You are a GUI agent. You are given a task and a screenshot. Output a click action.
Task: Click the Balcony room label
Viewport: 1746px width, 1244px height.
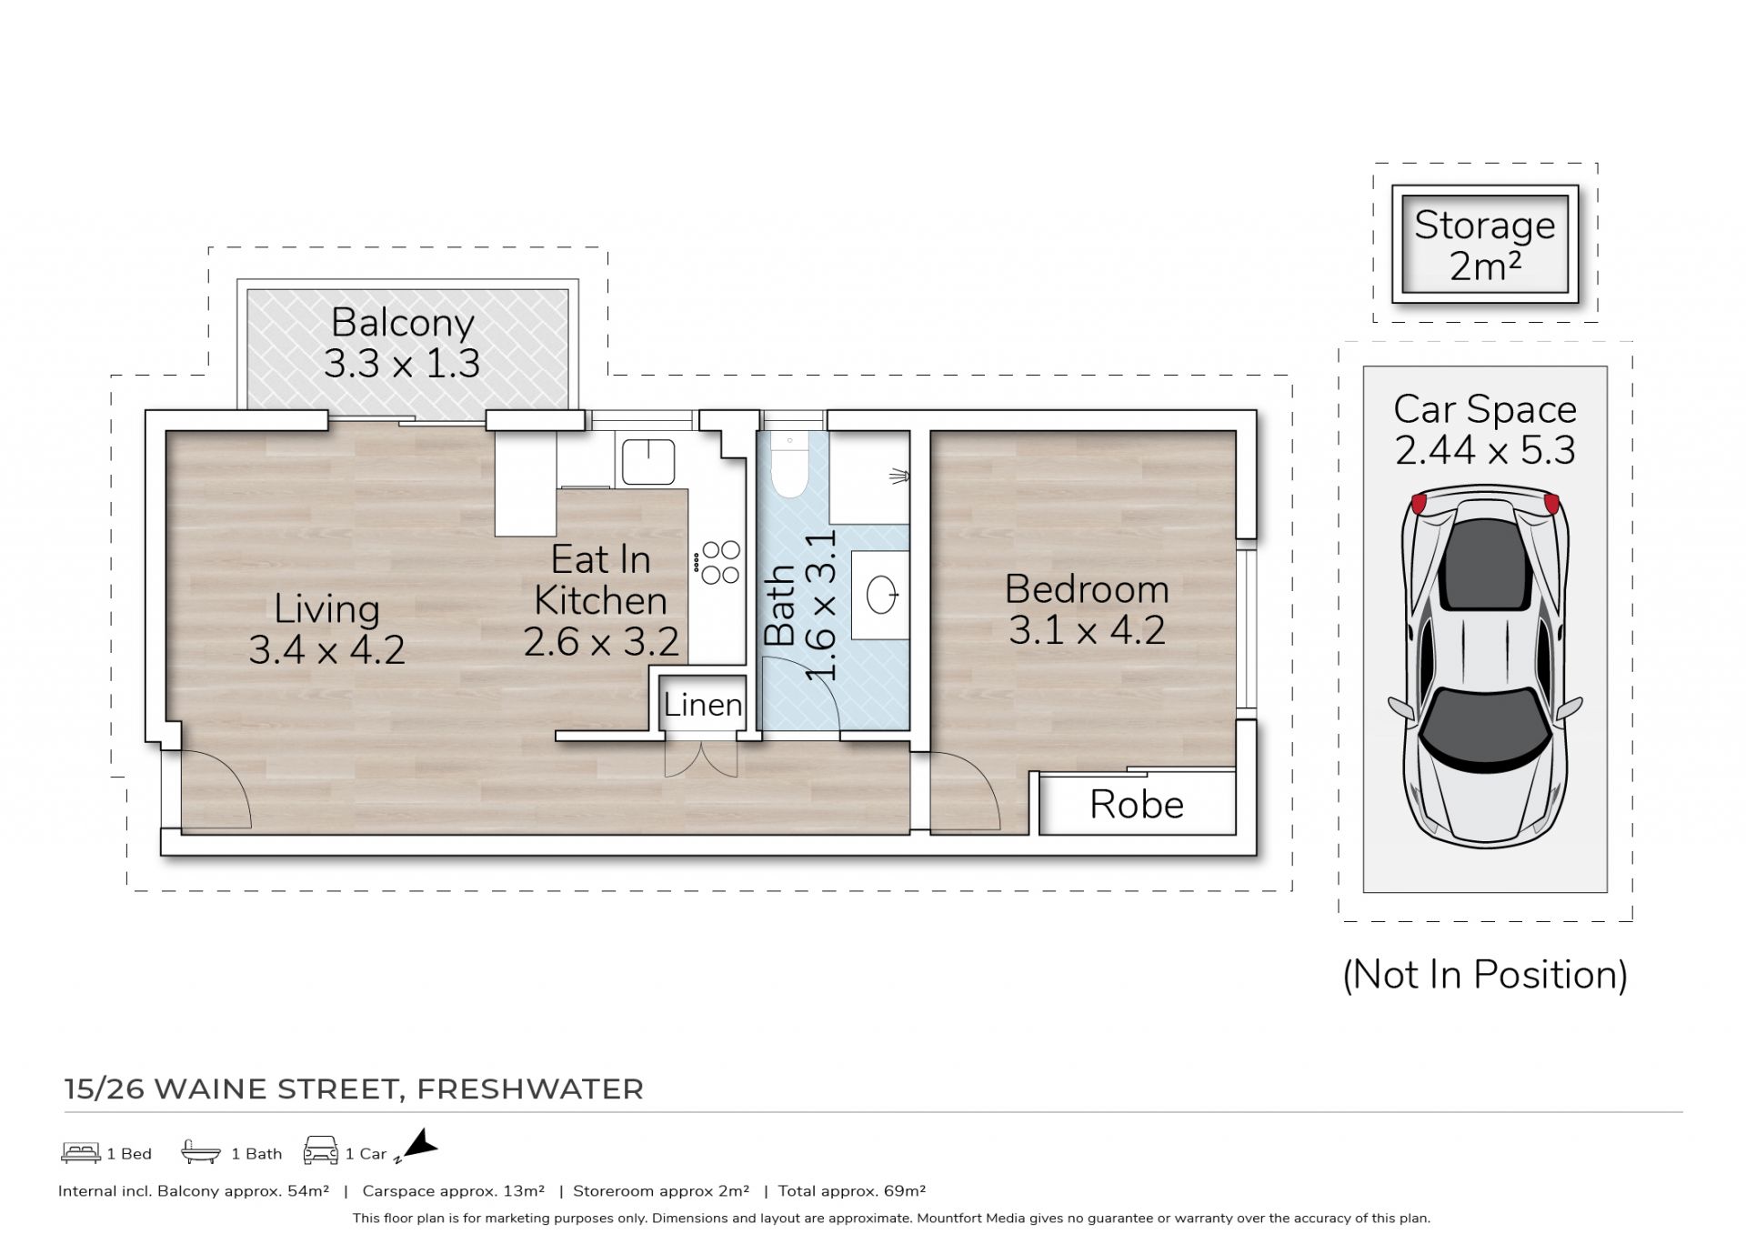[x=402, y=323]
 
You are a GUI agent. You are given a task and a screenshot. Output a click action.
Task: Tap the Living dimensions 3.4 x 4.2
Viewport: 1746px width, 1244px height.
[x=326, y=649]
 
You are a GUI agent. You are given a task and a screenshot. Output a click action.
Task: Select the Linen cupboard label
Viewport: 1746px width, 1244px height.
[x=702, y=704]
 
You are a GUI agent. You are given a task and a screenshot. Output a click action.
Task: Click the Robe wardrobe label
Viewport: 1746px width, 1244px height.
[x=1137, y=805]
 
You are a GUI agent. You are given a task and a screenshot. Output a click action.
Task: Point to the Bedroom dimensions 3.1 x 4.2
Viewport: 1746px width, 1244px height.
[x=1087, y=629]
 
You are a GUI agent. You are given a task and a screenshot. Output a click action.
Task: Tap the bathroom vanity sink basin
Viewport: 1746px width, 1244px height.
[x=882, y=596]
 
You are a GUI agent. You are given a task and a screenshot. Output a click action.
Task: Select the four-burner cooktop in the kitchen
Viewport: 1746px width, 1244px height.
[x=718, y=562]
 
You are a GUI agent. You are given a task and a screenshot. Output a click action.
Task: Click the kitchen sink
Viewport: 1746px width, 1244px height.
[x=647, y=461]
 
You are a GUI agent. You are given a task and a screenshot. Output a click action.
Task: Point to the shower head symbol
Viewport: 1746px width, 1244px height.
[x=898, y=475]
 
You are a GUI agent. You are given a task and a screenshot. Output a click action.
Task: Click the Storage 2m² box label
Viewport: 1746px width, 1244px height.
[x=1484, y=245]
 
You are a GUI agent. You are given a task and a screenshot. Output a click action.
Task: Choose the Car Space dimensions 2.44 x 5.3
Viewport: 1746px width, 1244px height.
[x=1485, y=450]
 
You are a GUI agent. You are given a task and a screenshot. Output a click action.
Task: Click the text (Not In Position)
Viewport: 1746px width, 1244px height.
[x=1485, y=974]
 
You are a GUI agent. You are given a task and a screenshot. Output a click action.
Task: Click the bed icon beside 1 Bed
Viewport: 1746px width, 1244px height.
[x=81, y=1152]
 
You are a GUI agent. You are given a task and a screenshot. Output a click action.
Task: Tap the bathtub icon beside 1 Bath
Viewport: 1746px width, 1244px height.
[x=201, y=1152]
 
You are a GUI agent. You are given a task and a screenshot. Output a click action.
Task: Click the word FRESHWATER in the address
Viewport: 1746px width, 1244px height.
[x=530, y=1088]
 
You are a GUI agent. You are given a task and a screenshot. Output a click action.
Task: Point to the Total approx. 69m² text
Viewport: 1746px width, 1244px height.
[x=851, y=1190]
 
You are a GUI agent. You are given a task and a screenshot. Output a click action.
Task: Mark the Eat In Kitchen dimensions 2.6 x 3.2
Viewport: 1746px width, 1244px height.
[x=601, y=642]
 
